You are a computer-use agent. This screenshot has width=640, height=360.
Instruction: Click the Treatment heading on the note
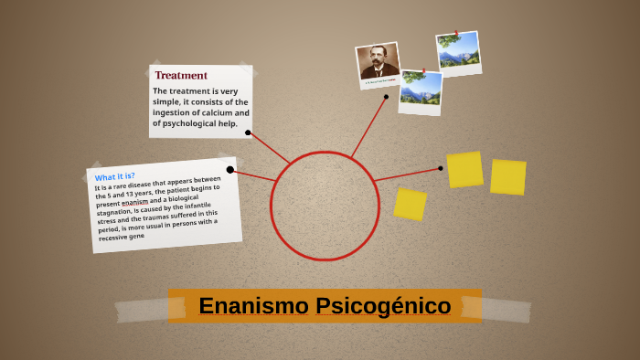pos(181,75)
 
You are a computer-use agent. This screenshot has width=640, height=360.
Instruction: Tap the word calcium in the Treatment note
pos(216,112)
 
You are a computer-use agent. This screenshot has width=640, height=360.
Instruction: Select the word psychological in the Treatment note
pos(188,123)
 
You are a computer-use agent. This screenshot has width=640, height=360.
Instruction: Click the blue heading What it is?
pos(115,175)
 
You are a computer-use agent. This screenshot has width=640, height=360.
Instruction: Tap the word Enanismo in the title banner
pos(253,306)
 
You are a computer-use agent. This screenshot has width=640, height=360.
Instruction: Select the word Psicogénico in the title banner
pos(383,306)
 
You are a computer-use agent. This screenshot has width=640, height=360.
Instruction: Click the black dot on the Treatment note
pos(248,132)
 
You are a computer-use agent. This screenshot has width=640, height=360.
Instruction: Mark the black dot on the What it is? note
pos(230,169)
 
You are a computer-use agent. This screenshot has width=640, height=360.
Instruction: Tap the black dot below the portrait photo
pos(386,96)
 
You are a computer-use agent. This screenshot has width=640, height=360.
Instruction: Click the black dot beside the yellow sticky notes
pos(440,168)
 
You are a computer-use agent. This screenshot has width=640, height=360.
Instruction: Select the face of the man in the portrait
pos(379,61)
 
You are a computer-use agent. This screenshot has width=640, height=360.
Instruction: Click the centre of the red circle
pos(325,206)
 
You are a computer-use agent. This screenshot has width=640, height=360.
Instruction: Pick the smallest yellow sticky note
pos(410,205)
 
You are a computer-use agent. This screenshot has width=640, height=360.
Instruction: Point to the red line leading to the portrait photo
pos(368,127)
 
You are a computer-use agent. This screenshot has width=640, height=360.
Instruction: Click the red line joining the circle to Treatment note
pos(269,148)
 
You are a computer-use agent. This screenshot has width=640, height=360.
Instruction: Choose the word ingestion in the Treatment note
pos(173,112)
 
